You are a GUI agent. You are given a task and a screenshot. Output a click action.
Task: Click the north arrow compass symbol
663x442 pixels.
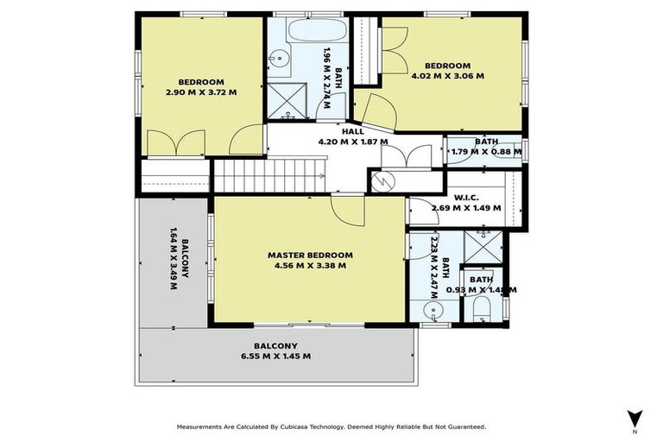[x=635, y=418]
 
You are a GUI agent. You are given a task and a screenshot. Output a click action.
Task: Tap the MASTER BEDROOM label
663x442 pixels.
[x=310, y=255]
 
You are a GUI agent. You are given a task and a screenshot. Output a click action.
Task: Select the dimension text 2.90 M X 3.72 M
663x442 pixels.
[x=201, y=92]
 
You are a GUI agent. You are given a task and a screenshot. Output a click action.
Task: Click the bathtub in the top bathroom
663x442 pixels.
[x=306, y=33]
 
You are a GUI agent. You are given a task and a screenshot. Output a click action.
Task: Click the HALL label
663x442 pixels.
[x=352, y=131]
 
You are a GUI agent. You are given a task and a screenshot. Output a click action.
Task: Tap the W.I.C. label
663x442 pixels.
[x=467, y=196]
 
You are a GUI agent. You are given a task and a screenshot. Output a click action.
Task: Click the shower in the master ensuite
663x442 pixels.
[x=483, y=248]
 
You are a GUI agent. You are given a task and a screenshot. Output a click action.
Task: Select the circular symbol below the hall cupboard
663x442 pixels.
[x=382, y=181]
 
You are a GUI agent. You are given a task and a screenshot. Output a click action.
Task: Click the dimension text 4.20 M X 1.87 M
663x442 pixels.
[x=352, y=142]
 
